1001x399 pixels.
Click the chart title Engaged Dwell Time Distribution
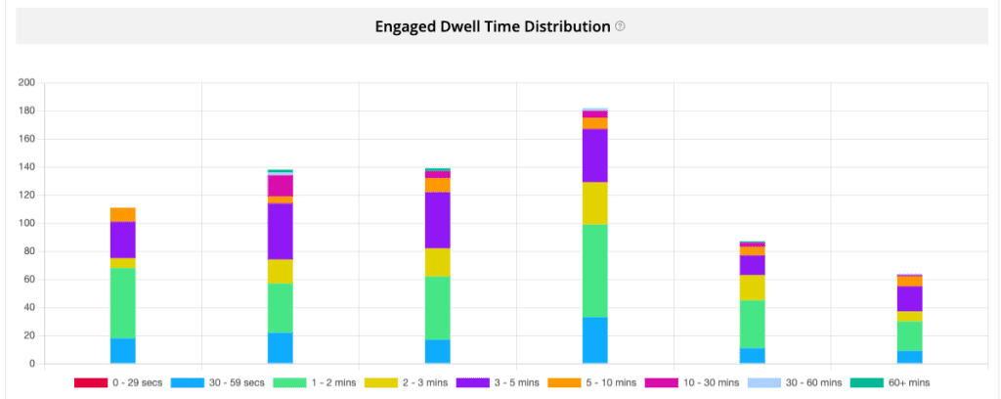[x=493, y=26]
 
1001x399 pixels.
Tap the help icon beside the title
[x=620, y=26]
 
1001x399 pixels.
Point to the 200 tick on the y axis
[x=26, y=82]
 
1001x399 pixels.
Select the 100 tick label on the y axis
[x=26, y=223]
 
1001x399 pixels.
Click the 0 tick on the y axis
[x=31, y=364]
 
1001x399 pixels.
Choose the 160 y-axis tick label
[x=26, y=139]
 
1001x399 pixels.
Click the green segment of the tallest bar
[x=594, y=271]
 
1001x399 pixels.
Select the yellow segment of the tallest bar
[x=594, y=203]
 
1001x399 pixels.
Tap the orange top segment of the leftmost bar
[x=122, y=214]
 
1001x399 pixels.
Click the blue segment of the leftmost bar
[x=122, y=351]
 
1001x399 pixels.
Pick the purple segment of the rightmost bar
[x=909, y=298]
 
